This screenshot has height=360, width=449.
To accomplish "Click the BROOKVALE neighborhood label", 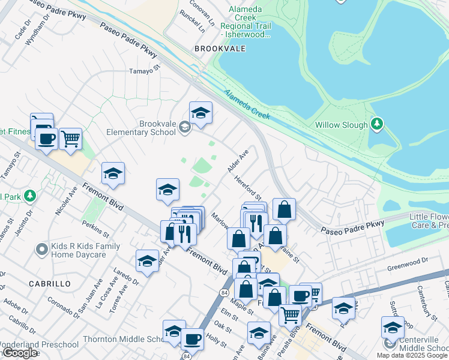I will (x=220, y=49).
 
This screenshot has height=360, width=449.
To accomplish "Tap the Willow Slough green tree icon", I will (x=376, y=125).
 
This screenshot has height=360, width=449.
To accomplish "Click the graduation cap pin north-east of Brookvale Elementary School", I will (x=200, y=112).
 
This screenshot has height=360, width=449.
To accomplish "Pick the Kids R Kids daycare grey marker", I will (x=41, y=248).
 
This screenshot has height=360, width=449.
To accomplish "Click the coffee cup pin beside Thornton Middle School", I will (x=192, y=339).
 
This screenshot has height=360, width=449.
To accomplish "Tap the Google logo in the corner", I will (x=20, y=353).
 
